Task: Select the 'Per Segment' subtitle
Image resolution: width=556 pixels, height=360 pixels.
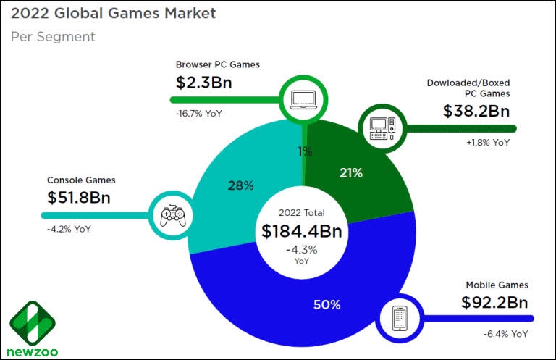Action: click(x=53, y=36)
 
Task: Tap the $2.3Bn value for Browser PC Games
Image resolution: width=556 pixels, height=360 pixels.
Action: click(x=204, y=82)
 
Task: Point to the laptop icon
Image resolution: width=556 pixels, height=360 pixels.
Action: click(x=304, y=98)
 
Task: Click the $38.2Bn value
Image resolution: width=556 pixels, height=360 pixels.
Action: click(x=476, y=112)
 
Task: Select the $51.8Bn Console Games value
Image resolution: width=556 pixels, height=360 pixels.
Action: click(x=80, y=197)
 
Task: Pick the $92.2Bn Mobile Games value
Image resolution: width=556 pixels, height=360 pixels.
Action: click(x=495, y=302)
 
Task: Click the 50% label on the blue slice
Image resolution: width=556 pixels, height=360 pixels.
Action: click(x=327, y=304)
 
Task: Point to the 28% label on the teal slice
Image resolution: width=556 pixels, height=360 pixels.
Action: click(x=240, y=186)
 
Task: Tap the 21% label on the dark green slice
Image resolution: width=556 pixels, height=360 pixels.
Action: click(x=350, y=172)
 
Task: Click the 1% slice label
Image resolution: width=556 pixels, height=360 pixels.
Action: click(x=305, y=151)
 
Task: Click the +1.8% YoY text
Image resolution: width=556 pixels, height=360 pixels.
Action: click(x=488, y=142)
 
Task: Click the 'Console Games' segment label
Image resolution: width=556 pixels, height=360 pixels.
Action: click(x=81, y=180)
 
